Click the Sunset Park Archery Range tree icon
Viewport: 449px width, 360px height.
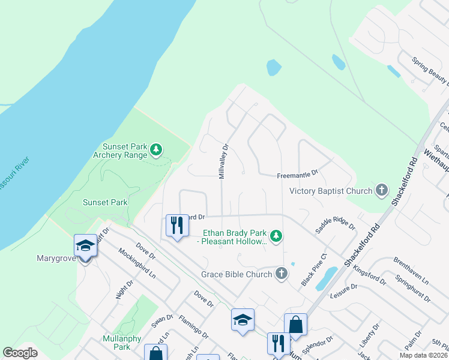point(156,149)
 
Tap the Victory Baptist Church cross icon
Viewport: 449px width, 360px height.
point(381,191)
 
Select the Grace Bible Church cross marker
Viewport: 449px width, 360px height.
point(281,274)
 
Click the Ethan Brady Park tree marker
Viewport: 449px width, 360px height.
point(276,236)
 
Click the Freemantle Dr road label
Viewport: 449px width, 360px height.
point(297,175)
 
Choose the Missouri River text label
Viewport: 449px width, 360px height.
point(17,173)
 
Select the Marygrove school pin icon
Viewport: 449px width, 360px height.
point(85,246)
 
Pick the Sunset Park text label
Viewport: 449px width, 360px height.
point(105,202)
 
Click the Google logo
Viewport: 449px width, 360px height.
point(20,353)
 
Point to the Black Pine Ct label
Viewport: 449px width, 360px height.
point(315,269)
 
